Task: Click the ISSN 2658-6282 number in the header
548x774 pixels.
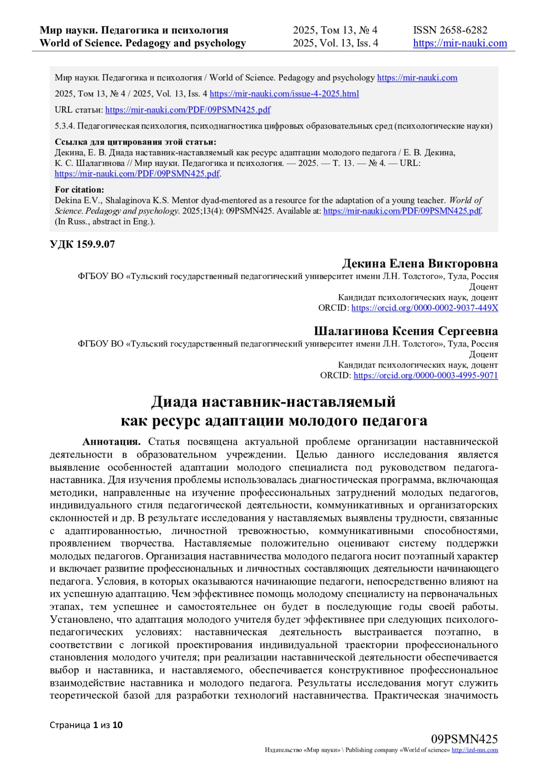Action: pyautogui.click(x=450, y=30)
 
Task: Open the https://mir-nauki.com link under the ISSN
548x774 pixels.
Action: pyautogui.click(x=460, y=43)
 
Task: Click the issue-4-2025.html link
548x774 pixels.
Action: pyautogui.click(x=284, y=94)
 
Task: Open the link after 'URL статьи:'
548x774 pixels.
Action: pyautogui.click(x=188, y=110)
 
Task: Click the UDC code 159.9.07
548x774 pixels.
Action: pyautogui.click(x=82, y=244)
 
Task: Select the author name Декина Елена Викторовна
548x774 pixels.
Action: pyautogui.click(x=420, y=264)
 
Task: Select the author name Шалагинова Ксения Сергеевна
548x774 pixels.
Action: pyautogui.click(x=406, y=331)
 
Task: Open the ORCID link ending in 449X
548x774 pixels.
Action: pyautogui.click(x=425, y=308)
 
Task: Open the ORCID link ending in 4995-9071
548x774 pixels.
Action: pyautogui.click(x=426, y=375)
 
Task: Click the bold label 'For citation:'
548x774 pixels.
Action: pyautogui.click(x=79, y=190)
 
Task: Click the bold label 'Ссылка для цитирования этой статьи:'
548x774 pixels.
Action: pyautogui.click(x=136, y=142)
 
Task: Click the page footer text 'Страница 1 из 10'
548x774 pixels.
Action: pyautogui.click(x=86, y=725)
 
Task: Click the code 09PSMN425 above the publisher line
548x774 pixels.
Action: pyautogui.click(x=464, y=739)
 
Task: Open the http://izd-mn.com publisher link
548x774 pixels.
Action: pyautogui.click(x=474, y=750)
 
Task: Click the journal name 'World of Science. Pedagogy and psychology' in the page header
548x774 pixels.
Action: pyautogui.click(x=142, y=43)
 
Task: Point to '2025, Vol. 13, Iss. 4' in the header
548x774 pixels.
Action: pyautogui.click(x=335, y=43)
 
